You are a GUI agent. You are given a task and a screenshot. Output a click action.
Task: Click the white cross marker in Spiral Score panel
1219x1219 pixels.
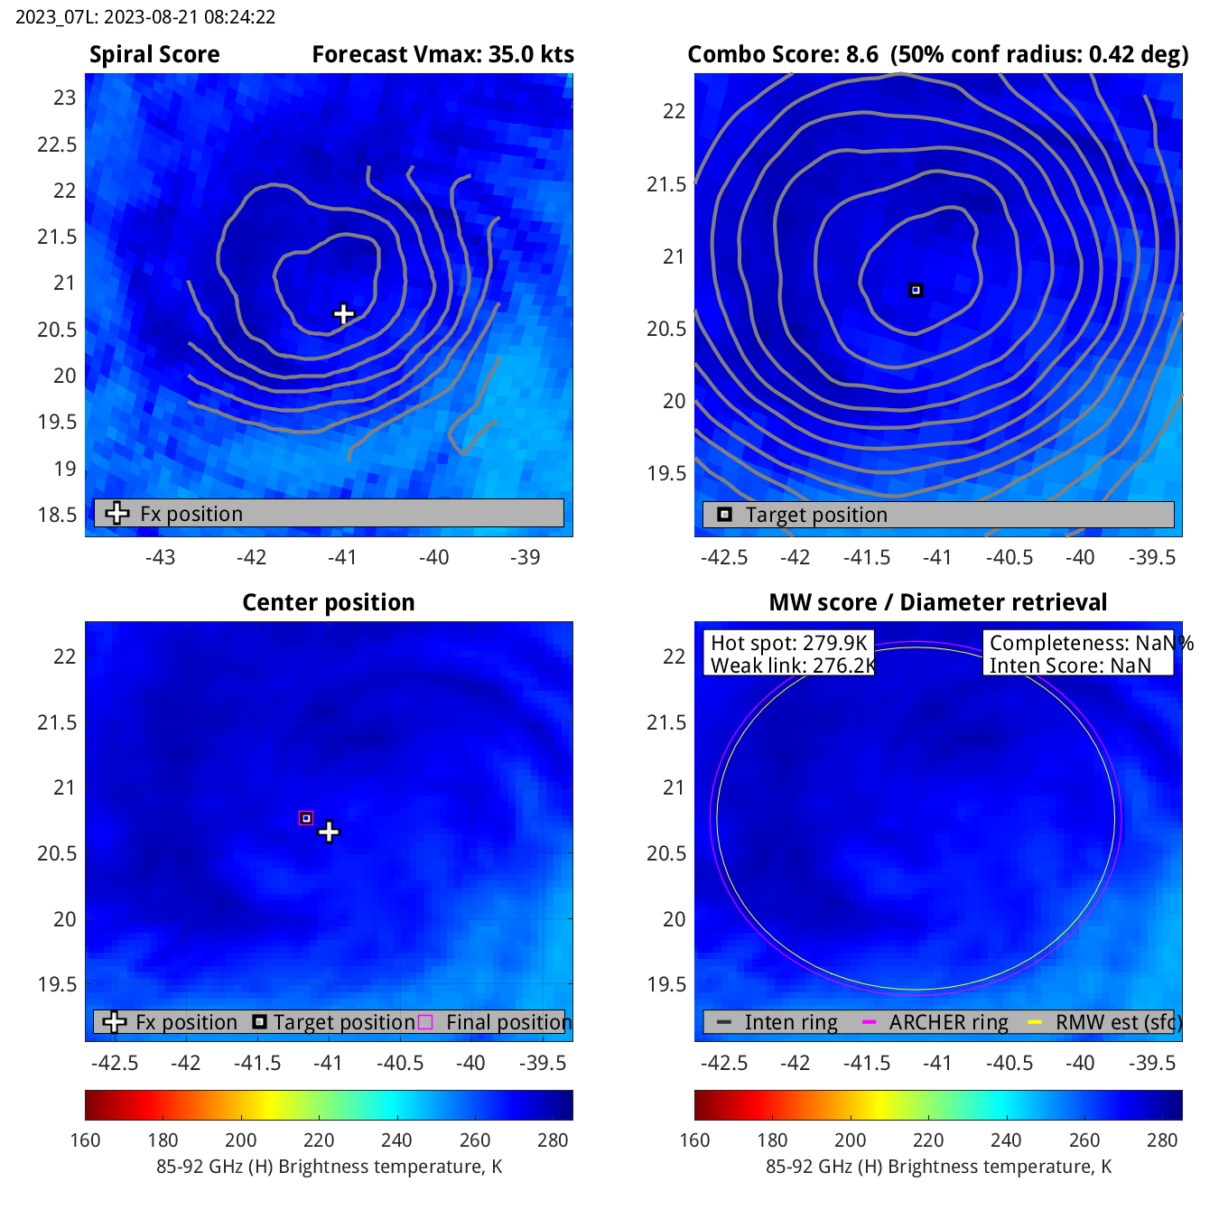coord(343,314)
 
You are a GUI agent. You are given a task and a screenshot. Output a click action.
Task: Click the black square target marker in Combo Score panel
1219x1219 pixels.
coord(916,291)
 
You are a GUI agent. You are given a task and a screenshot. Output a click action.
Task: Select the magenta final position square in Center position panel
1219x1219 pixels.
coord(306,818)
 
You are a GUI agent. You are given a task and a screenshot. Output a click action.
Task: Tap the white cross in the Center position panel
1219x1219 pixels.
coord(329,832)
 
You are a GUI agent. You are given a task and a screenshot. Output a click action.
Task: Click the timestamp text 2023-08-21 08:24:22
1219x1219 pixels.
coord(144,17)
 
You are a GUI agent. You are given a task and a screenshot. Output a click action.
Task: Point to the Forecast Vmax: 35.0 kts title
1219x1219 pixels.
coord(442,55)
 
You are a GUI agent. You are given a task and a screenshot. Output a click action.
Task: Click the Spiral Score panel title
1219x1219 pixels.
coord(154,55)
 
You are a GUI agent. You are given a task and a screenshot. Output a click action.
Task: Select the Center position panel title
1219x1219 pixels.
coord(329,602)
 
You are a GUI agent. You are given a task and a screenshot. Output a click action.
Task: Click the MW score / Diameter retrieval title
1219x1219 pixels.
coord(937,602)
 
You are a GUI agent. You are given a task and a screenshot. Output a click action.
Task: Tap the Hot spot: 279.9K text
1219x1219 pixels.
coord(788,643)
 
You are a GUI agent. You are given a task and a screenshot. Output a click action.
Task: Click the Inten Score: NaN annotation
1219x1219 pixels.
coord(1070,665)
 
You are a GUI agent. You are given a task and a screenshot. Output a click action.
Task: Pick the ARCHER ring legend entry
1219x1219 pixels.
coord(947,1022)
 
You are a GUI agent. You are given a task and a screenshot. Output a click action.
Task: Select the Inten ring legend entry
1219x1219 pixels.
coord(790,1022)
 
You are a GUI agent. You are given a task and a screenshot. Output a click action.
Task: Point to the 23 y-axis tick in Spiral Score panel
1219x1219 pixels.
coord(65,98)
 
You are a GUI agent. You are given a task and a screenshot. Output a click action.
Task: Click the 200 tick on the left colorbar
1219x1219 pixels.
coord(241,1140)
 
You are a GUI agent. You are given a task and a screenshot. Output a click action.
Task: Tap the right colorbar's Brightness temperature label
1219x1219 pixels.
coord(938,1167)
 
